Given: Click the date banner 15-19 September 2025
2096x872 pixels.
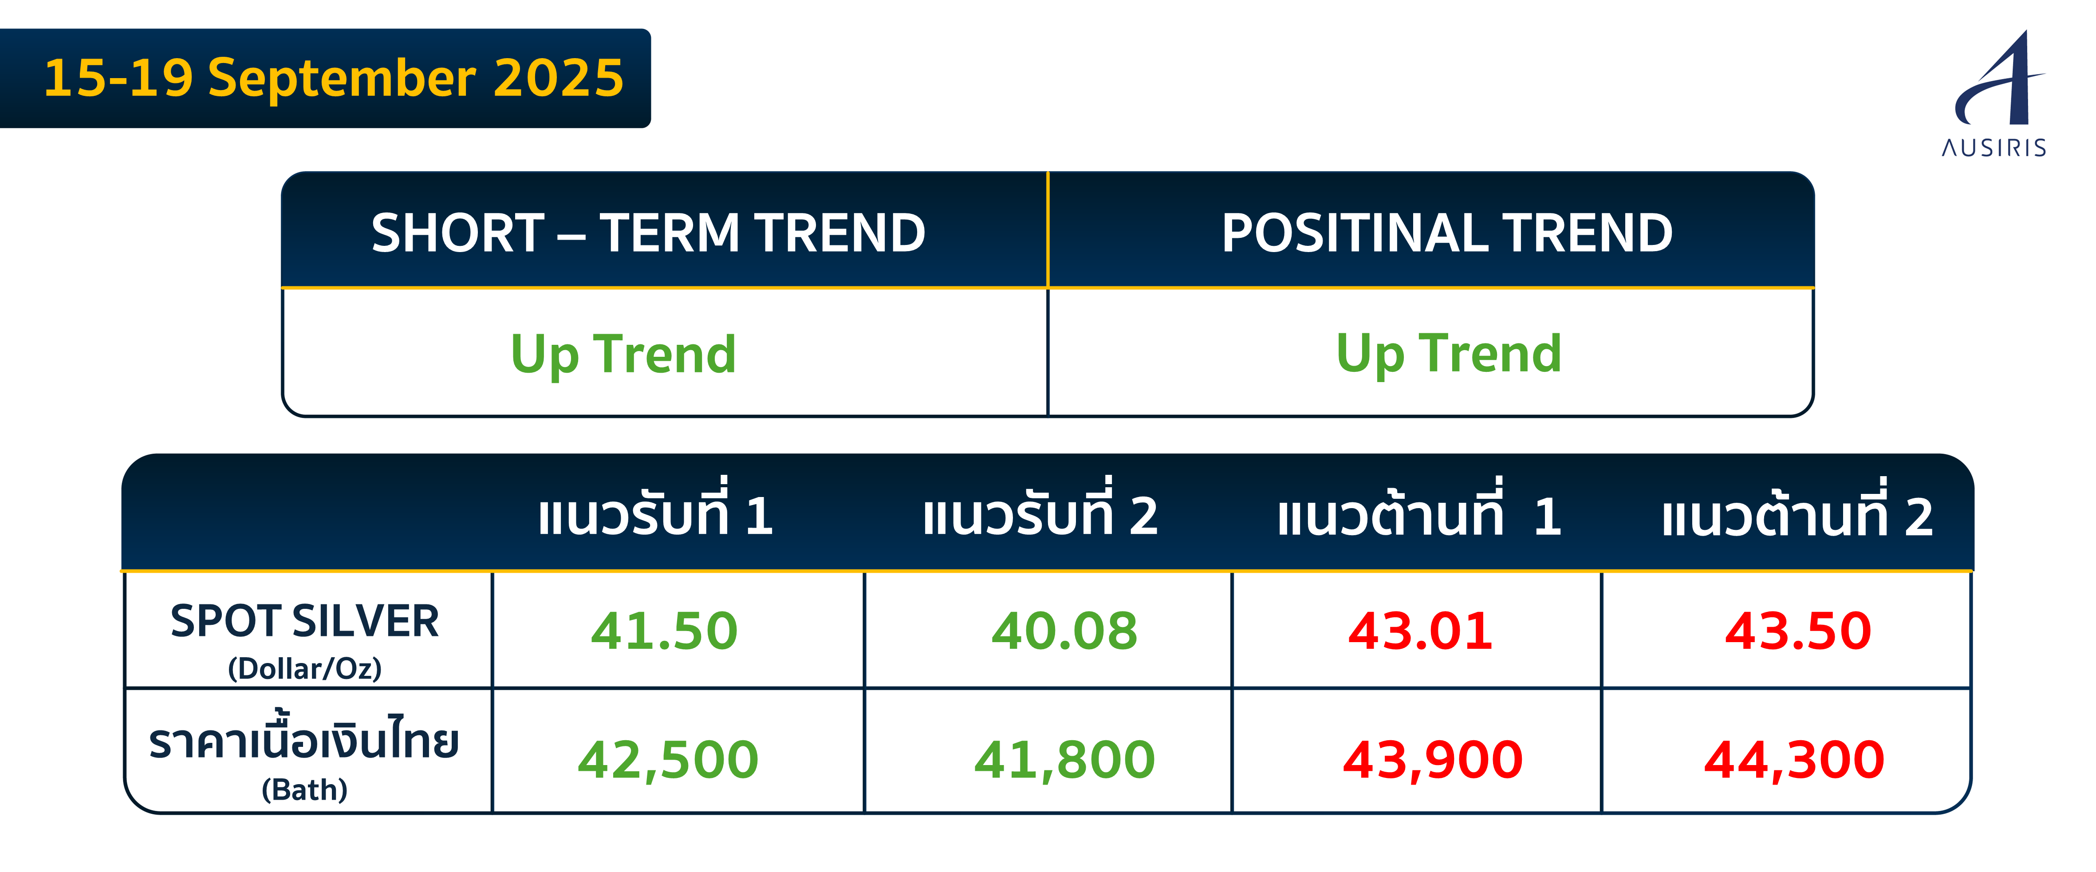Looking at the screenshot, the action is pos(334,78).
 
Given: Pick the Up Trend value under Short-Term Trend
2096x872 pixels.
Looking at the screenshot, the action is pos(623,355).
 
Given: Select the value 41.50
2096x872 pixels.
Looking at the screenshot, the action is pos(664,631).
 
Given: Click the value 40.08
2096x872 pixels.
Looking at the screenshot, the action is pos(1064,631).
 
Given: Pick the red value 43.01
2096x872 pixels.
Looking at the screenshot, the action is pos(1421,631).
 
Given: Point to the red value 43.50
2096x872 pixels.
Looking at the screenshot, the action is pos(1798,631).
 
